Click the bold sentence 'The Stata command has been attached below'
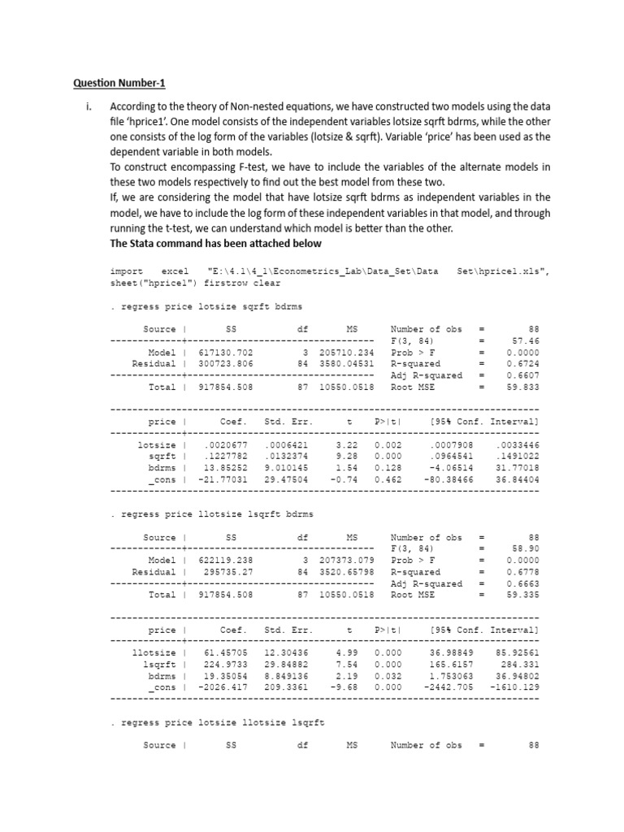click(x=215, y=244)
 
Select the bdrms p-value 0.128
click(x=388, y=469)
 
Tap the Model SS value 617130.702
click(x=226, y=353)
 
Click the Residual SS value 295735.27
click(x=228, y=572)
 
